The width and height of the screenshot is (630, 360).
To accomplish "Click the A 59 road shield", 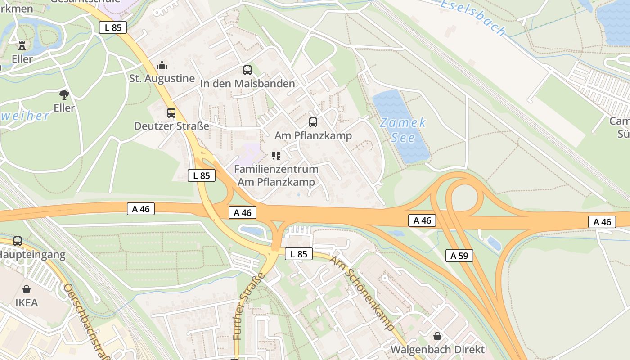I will coord(459,256).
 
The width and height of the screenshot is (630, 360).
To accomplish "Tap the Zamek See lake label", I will coord(403,130).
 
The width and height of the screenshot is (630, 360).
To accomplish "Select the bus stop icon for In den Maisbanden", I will coord(247,70).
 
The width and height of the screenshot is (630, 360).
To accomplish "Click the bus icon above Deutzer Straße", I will coord(171,113).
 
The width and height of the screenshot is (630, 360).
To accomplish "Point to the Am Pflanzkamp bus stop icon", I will coord(313,122).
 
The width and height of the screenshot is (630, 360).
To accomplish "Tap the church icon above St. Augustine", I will coord(162,66).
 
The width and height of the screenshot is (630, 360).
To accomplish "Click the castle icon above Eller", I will coord(22,45).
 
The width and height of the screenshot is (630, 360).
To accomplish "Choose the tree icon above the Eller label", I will coord(64,94).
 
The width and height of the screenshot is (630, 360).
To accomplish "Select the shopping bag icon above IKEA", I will coord(27,289).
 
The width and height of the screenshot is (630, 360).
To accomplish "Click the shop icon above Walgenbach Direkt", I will coord(437,336).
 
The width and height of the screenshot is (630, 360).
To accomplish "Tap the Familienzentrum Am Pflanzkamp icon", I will coord(276,156).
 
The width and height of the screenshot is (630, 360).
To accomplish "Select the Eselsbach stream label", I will coord(472,18).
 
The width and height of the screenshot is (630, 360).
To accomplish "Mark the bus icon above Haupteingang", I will coord(18,241).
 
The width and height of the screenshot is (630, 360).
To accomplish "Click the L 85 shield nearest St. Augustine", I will coord(113,27).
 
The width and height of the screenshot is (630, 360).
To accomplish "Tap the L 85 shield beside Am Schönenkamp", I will coord(299,254).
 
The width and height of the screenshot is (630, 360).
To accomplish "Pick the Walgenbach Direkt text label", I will coord(437,349).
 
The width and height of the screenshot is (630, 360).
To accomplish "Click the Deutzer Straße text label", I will coord(171,126).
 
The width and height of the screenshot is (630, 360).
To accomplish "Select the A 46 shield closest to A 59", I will coord(422,220).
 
